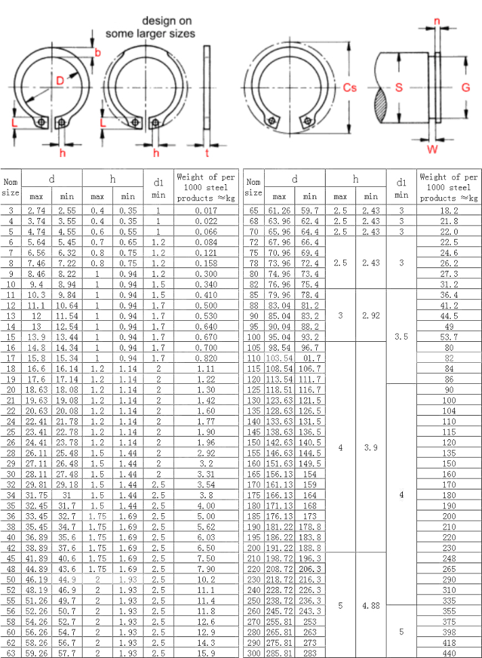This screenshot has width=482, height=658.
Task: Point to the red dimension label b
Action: [x=97, y=53]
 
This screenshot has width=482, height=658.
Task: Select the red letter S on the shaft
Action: [x=399, y=88]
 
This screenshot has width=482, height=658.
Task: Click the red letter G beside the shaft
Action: [x=466, y=88]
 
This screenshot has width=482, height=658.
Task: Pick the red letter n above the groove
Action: [x=436, y=21]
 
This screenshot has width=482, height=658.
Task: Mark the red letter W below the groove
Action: [x=432, y=148]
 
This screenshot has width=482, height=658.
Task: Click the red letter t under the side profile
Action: [x=206, y=153]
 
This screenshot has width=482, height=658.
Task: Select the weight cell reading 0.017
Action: [x=205, y=211]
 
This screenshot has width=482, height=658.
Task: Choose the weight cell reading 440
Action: [x=449, y=653]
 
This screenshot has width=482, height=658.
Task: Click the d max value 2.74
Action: [x=37, y=211]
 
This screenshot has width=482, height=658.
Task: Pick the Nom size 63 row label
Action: [x=12, y=653]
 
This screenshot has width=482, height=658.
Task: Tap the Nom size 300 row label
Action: [x=254, y=653]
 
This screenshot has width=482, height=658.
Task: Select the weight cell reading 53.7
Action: [x=449, y=337]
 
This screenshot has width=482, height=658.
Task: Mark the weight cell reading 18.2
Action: [x=449, y=211]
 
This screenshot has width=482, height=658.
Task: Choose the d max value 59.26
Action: [x=37, y=653]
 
